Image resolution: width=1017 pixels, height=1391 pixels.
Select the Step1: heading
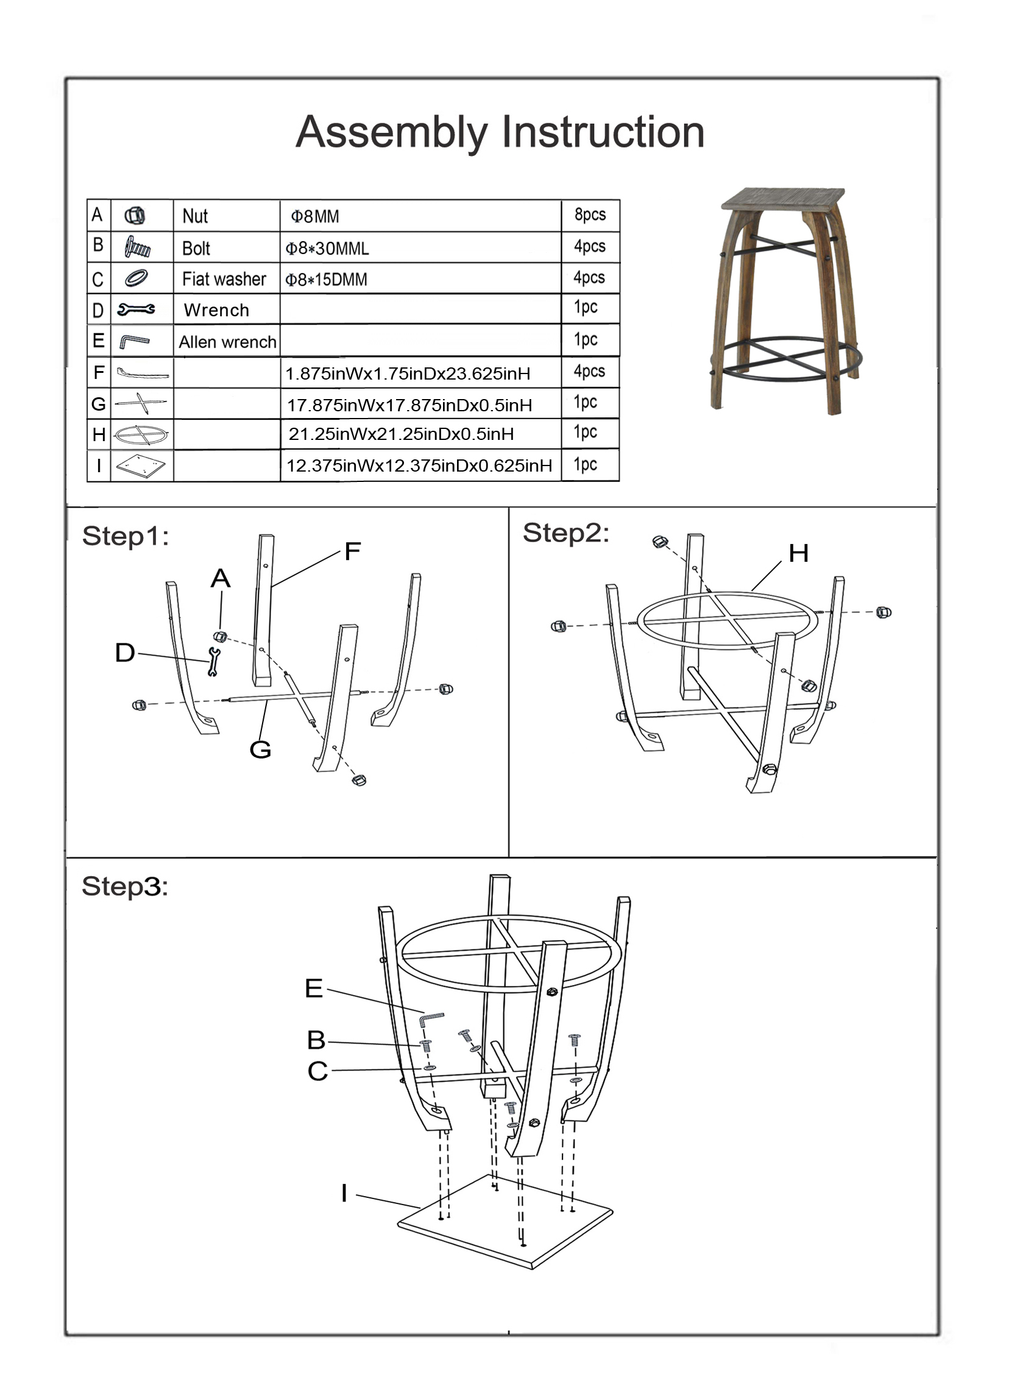pos(125,536)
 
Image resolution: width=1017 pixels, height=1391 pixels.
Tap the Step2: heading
pos(565,533)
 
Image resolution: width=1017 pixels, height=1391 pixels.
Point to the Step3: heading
pos(124,887)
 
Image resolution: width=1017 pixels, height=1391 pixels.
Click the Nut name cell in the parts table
pos(195,216)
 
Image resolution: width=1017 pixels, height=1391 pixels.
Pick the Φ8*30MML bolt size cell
pos(327,248)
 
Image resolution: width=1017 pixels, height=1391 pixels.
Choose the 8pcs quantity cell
pos(590,215)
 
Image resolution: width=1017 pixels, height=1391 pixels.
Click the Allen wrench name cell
pos(227,342)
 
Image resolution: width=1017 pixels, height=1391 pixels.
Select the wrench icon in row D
pos(136,309)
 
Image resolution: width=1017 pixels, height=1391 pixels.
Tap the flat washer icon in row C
pos(136,278)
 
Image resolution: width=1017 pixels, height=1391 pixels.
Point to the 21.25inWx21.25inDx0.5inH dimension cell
pos(401,434)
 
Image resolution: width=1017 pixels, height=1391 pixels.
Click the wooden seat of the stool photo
pos(782,198)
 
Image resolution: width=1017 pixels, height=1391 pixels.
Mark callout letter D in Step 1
pos(125,653)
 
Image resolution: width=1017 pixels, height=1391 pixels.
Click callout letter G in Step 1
pos(260,749)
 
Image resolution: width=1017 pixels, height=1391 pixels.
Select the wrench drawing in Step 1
pos(214,662)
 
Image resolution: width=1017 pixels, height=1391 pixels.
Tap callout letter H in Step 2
pos(798,553)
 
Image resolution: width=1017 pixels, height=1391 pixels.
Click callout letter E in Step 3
pos(314,988)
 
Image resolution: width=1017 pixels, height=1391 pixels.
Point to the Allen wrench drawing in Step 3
pos(430,1018)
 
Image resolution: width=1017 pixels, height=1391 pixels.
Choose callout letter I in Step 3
pos(344,1193)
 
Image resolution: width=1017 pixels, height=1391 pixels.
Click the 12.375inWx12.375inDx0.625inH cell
pos(419,465)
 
